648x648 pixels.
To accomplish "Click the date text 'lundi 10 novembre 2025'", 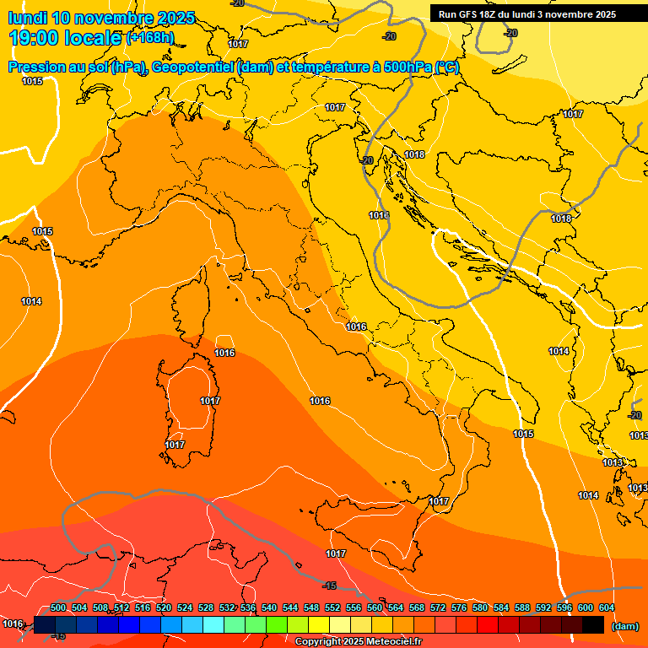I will coord(101,18).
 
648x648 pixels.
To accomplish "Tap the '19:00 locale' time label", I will coord(66,38).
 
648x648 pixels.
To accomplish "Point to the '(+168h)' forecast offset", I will coord(150,38).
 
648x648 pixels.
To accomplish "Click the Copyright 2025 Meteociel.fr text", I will coord(358,642).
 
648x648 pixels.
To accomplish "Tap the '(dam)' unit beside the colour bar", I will coord(624,625).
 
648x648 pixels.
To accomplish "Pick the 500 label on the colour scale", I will coord(58,607).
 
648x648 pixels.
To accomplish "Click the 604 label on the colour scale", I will coord(607,607).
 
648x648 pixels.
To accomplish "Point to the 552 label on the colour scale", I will coord(332,607).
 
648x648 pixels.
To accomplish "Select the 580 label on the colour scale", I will coord(480,607).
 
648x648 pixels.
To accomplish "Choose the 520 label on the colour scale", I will coord(164,607).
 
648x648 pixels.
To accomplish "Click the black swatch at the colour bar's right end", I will coord(593,624).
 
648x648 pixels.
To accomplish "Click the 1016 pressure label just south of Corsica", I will coord(224,353).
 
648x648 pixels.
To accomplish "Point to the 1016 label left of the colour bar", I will coord(13,624).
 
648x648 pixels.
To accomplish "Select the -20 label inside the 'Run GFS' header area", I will coord(510,33).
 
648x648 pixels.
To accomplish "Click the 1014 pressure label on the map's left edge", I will coord(32,301).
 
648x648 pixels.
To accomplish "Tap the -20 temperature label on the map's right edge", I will coord(634,415).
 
